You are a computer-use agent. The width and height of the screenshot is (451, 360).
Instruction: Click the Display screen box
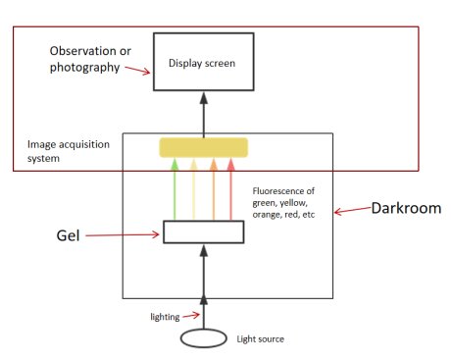point(203,62)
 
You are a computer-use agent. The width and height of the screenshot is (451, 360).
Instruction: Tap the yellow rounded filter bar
point(203,147)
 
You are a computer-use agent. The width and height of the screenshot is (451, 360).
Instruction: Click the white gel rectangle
point(203,232)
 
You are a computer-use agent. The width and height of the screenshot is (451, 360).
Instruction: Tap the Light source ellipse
point(203,339)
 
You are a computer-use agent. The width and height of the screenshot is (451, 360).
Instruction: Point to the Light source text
point(260,339)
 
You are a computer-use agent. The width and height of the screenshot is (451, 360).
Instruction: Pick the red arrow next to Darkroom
point(351,211)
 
